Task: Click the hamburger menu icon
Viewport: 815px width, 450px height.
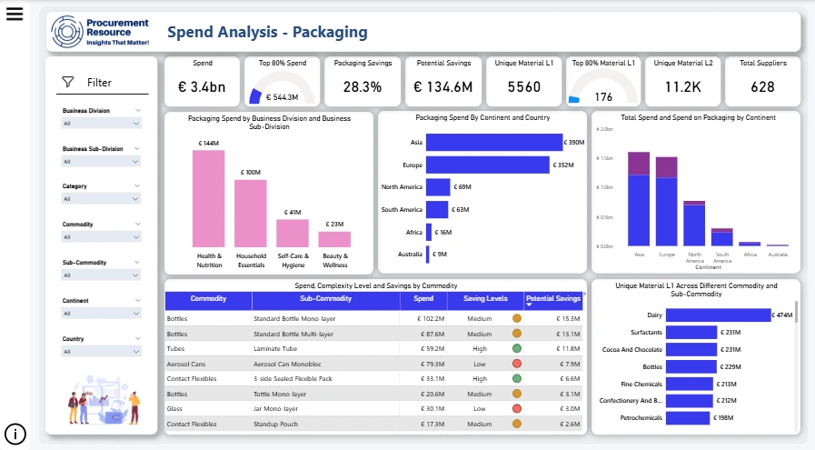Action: click(14, 15)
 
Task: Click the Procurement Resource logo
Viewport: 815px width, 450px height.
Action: click(101, 32)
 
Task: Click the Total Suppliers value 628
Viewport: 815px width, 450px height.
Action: click(762, 87)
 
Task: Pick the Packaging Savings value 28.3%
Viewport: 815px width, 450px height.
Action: click(363, 87)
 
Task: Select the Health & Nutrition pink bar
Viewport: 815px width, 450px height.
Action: click(208, 198)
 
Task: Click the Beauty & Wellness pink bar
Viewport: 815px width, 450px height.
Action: click(334, 239)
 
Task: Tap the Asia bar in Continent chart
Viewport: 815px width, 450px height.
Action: click(493, 143)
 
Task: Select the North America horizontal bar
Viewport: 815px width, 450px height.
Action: click(438, 187)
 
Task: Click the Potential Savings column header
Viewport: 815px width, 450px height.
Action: click(554, 298)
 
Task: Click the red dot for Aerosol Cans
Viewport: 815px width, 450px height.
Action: click(517, 364)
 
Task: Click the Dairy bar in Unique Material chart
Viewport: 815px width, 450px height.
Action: click(718, 315)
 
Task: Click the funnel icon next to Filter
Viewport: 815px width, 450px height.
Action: click(68, 83)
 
